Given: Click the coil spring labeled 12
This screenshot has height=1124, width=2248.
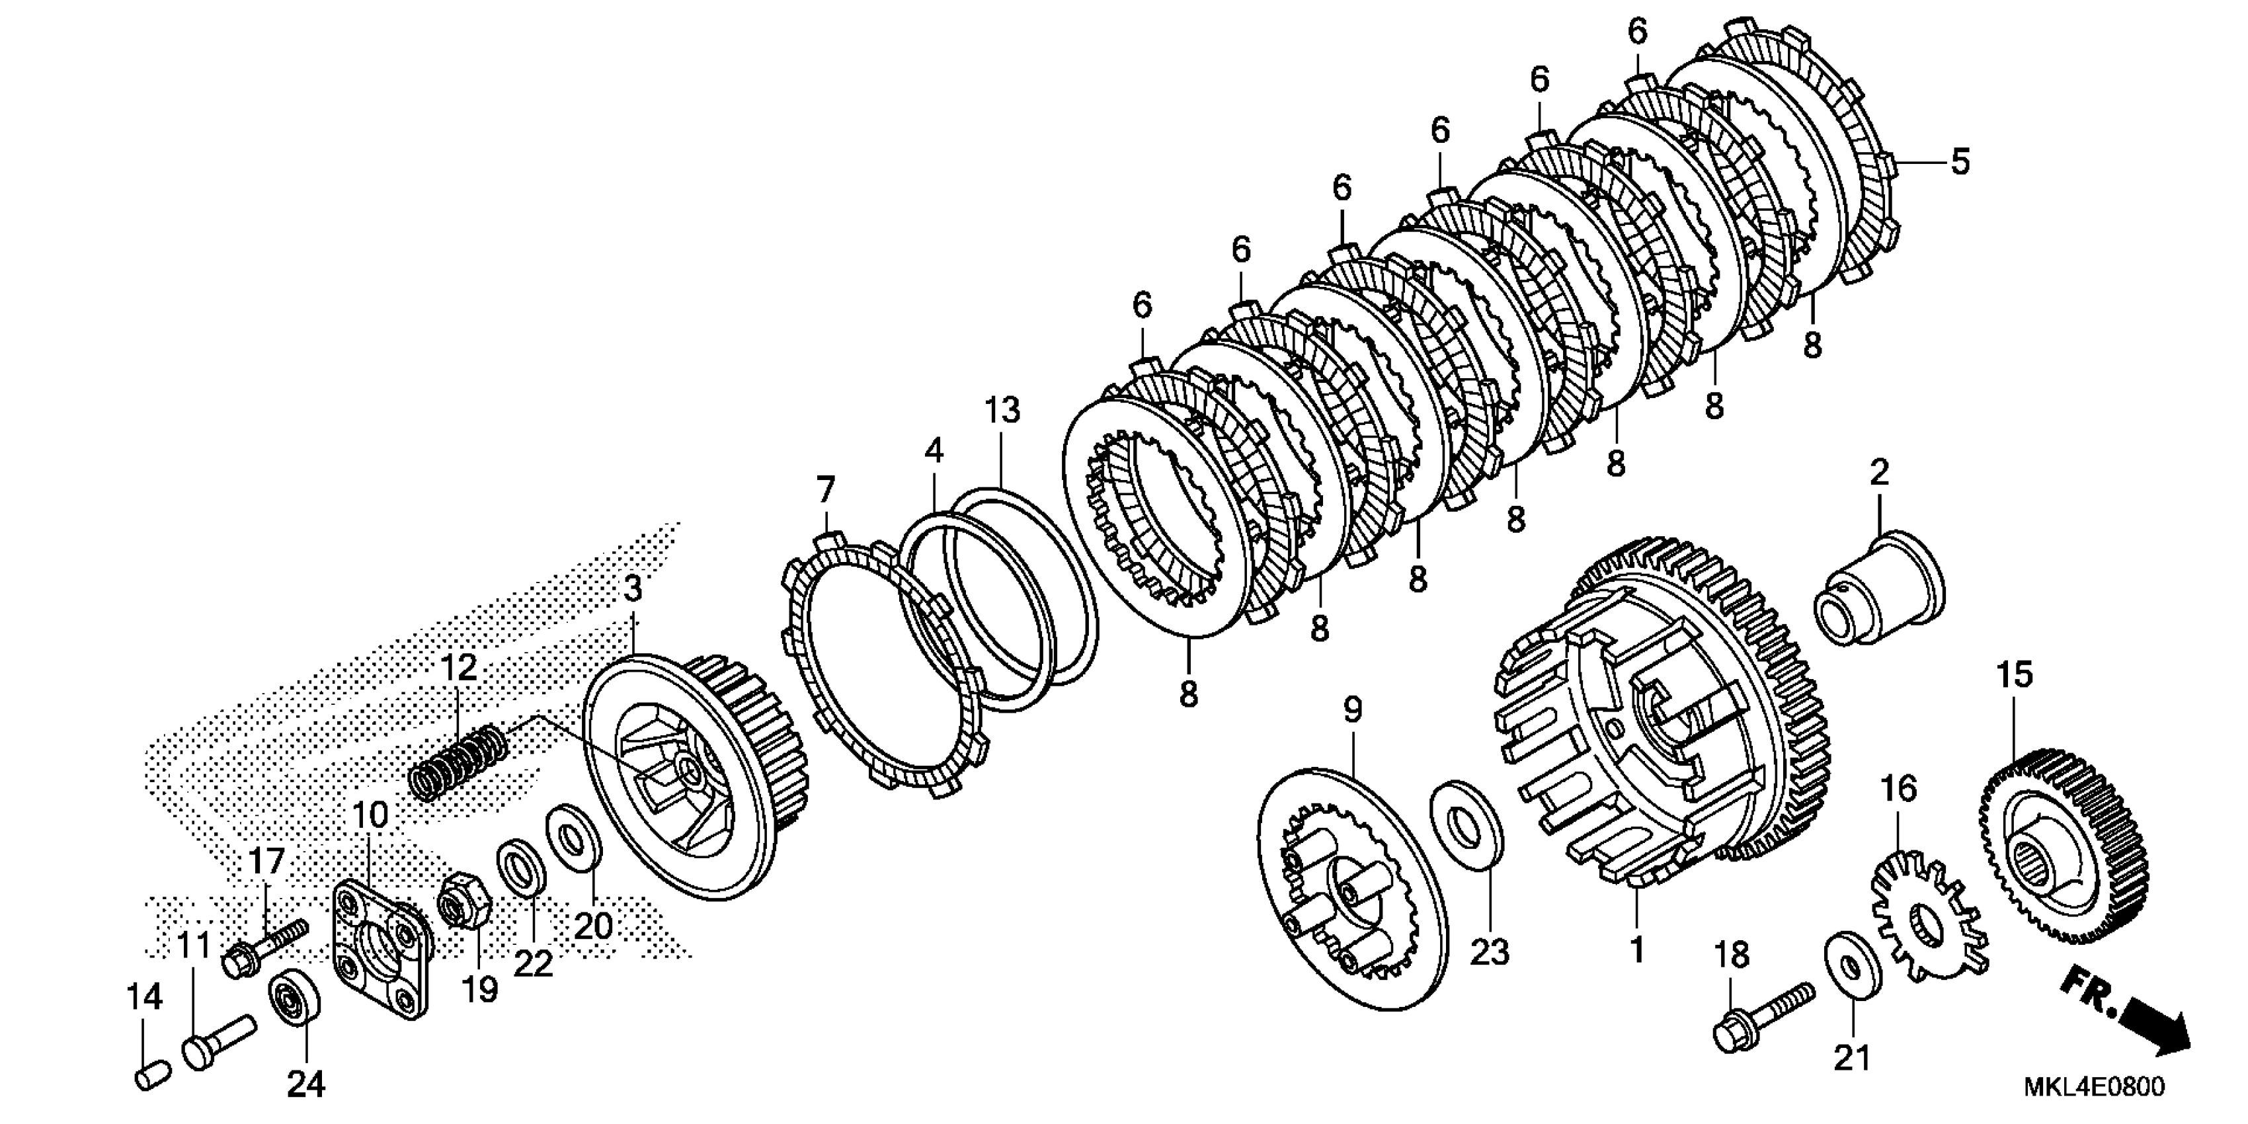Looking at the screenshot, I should pos(459,760).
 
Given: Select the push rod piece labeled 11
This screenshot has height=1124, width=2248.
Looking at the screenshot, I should pos(218,1037).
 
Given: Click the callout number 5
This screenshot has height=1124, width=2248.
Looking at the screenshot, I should pos(1960,162).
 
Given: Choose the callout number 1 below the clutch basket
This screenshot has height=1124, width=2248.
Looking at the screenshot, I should pos(1637,949).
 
